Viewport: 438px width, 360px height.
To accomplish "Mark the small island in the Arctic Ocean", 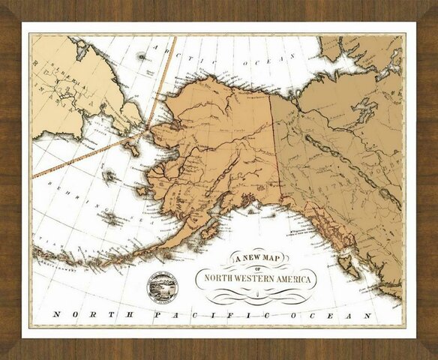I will (141, 55).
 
